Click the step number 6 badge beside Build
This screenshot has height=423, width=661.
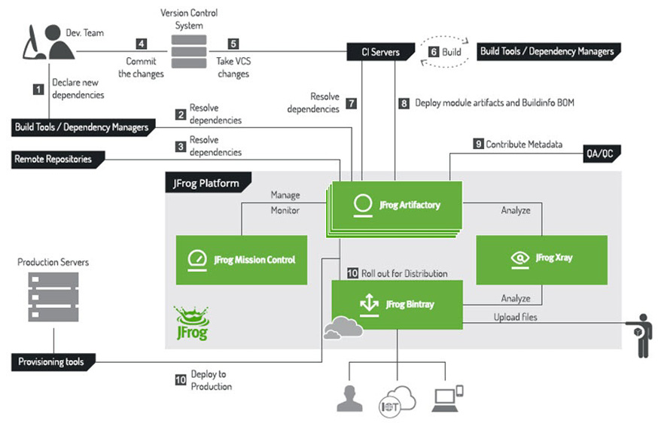click(434, 52)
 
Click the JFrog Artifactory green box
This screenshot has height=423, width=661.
click(396, 205)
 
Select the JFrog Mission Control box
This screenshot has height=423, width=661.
click(241, 260)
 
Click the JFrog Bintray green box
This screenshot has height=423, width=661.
click(397, 304)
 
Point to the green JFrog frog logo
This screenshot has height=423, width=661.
click(190, 323)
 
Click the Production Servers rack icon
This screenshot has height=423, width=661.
click(53, 297)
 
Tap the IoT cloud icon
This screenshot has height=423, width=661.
click(395, 399)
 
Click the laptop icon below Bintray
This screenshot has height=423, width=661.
click(446, 398)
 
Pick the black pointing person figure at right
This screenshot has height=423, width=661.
click(642, 334)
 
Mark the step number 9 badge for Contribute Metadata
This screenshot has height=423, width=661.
click(477, 143)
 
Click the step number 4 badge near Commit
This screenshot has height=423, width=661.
click(141, 44)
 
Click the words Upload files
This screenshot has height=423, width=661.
click(516, 318)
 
